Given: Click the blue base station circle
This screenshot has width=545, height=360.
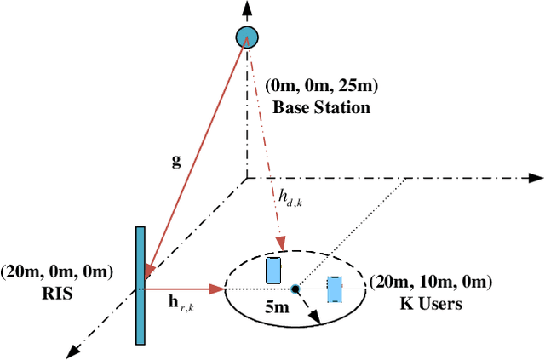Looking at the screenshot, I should (x=246, y=37).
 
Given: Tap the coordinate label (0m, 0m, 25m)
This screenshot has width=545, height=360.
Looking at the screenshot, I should (x=321, y=86).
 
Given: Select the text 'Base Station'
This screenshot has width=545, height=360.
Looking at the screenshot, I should (x=321, y=107).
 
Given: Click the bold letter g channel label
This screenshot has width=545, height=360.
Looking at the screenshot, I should (x=176, y=160).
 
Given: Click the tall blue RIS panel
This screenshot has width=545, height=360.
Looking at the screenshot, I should (x=140, y=285).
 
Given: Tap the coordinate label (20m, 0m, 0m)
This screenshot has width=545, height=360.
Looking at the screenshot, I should (x=57, y=272).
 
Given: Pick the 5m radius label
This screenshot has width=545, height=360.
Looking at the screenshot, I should (x=277, y=308).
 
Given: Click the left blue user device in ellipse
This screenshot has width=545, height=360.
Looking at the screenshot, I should (x=272, y=270).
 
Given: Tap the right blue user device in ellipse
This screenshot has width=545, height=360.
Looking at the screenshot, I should (x=335, y=289).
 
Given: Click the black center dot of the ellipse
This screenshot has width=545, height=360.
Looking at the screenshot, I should (x=295, y=289).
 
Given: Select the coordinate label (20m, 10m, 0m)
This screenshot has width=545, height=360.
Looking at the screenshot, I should (x=430, y=283).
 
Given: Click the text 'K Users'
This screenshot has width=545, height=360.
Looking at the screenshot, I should (x=430, y=303).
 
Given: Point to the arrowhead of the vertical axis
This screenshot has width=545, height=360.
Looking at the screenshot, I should (x=246, y=9).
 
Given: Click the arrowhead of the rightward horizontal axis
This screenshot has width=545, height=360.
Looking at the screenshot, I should (x=536, y=179).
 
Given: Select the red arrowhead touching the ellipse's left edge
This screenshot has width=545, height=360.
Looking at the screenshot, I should (x=220, y=289).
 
